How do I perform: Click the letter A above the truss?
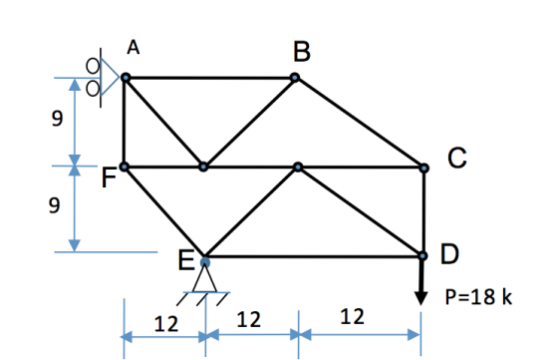[x=134, y=47]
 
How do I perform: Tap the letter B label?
[x=302, y=52]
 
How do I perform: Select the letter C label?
[x=457, y=158]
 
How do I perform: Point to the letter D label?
[x=449, y=254]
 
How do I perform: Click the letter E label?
[x=185, y=260]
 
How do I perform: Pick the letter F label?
[x=109, y=178]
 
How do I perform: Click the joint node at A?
[x=126, y=77]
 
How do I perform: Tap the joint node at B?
[x=295, y=77]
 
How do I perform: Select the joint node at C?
[x=423, y=168]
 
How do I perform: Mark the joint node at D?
[x=422, y=255]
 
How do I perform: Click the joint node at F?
[x=124, y=167]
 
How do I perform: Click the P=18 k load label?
[x=478, y=296]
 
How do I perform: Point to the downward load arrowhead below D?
[x=420, y=298]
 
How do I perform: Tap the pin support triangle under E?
[x=204, y=279]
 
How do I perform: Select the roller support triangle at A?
[x=110, y=77]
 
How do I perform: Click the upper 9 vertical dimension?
[x=57, y=119]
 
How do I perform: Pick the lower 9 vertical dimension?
[x=54, y=205]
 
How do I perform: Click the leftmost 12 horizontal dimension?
[x=165, y=324]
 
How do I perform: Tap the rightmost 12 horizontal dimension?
[x=353, y=316]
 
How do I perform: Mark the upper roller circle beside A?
[x=93, y=66]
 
